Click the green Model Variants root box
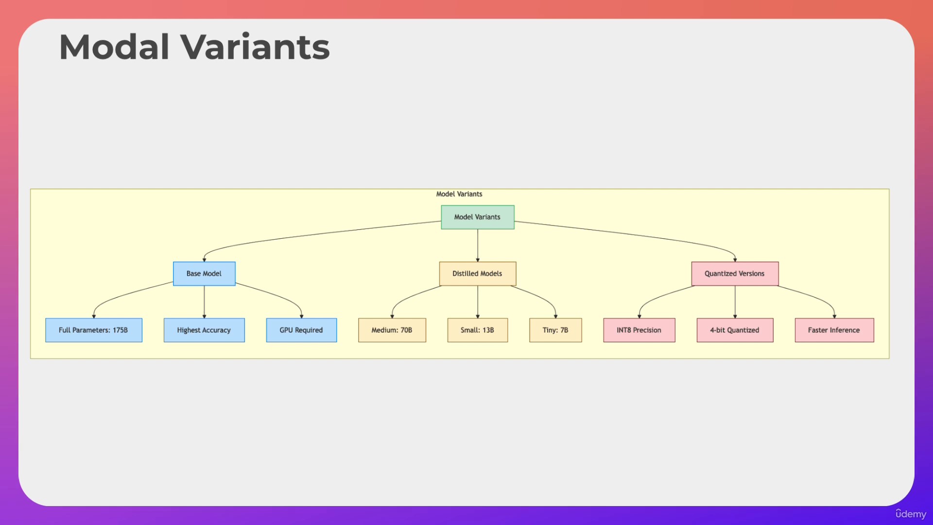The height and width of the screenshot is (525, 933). [478, 217]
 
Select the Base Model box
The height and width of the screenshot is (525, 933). [204, 274]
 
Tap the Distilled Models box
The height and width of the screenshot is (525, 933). [478, 274]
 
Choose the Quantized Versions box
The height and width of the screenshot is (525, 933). [735, 274]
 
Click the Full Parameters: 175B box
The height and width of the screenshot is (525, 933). [94, 330]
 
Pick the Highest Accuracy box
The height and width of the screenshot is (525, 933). [204, 330]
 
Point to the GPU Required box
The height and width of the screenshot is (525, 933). [301, 330]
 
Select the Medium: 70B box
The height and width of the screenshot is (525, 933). [392, 330]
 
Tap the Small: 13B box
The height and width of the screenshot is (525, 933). [478, 330]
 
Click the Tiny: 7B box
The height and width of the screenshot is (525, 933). [555, 330]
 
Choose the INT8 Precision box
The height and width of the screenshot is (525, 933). [639, 330]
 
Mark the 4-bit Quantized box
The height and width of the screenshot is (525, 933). [735, 330]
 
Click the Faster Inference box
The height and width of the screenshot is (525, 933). [834, 330]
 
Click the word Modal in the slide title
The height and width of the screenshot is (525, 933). [115, 47]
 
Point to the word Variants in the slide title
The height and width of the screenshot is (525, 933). [255, 47]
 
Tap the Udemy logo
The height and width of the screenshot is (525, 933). [911, 514]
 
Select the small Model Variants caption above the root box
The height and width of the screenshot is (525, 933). [459, 194]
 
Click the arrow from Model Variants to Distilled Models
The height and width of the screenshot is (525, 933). [478, 245]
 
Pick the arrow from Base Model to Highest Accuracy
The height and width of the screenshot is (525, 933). [204, 302]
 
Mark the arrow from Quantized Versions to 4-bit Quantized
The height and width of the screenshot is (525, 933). [735, 302]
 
